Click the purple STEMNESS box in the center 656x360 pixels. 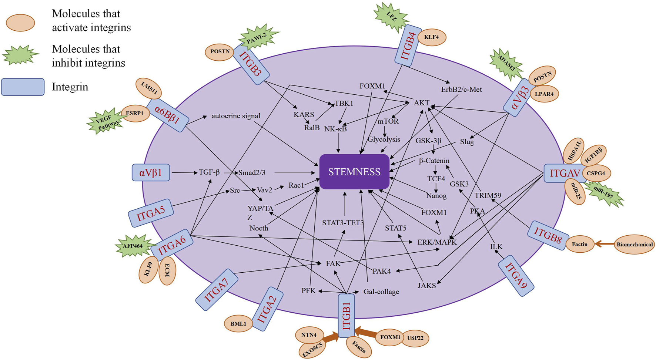(x=354, y=172)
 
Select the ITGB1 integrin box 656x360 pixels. (x=347, y=316)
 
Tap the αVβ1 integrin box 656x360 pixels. (x=151, y=173)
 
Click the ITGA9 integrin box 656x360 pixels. (x=516, y=276)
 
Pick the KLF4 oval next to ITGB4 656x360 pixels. (x=431, y=37)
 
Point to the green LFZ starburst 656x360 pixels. (x=391, y=16)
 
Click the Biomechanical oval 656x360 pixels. (x=634, y=245)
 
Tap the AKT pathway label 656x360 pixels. (x=421, y=103)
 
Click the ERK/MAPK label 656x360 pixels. (x=437, y=242)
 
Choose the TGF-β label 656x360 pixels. (x=209, y=172)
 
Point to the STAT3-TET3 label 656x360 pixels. (x=343, y=223)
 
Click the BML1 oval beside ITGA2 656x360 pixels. (x=238, y=324)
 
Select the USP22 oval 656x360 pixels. (x=415, y=338)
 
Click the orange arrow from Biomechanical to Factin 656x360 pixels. (x=604, y=244)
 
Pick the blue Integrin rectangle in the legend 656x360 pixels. (x=23, y=87)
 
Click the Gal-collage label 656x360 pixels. (x=381, y=292)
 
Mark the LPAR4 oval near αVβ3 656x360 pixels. (x=544, y=94)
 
